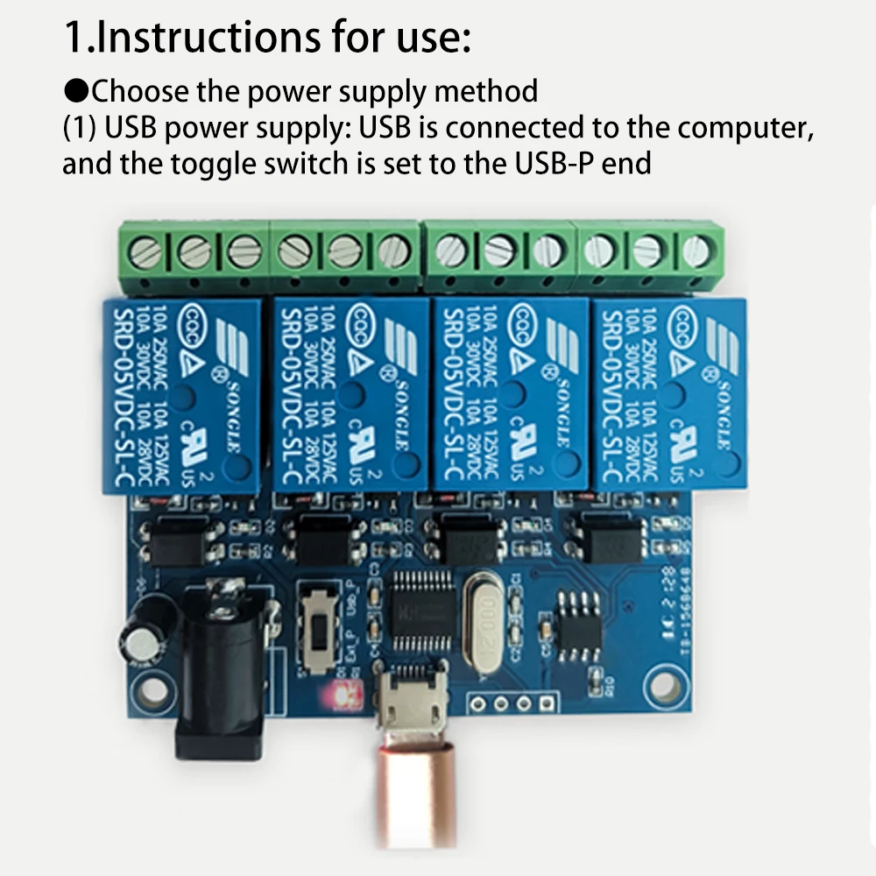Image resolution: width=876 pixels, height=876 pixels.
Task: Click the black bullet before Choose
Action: pos(76,90)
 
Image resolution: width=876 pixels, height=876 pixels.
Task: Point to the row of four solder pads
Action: pos(513,703)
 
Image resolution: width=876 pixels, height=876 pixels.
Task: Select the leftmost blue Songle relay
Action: pos(182,393)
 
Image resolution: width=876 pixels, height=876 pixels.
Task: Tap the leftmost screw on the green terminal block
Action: pos(146,253)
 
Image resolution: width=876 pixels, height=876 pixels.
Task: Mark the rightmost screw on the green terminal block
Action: pos(696,251)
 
